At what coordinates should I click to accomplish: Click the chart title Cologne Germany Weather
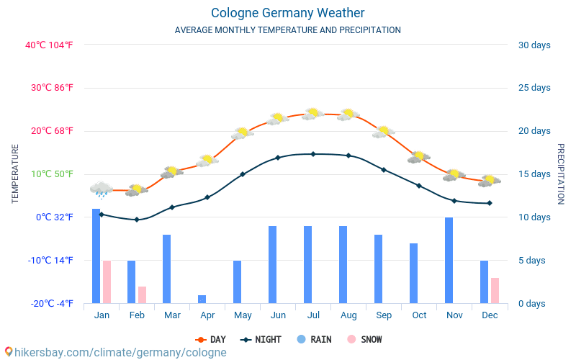(x=287, y=13)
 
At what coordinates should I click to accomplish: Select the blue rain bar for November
(x=449, y=260)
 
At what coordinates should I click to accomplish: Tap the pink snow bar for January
(x=107, y=282)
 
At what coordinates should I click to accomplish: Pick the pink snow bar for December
(x=495, y=290)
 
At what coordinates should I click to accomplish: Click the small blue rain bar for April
(x=202, y=299)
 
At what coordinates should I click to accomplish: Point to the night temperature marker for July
(x=313, y=153)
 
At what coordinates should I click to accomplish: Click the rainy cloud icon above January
(x=102, y=189)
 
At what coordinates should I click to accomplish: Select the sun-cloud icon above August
(x=348, y=114)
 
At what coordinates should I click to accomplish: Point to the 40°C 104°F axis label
(x=49, y=45)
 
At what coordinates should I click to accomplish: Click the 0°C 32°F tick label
(x=55, y=217)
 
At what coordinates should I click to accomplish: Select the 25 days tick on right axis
(x=534, y=88)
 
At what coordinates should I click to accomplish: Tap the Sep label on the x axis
(x=384, y=315)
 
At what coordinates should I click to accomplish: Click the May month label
(x=243, y=315)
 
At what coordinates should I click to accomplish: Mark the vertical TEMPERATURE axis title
(x=15, y=174)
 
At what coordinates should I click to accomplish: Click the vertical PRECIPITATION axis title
(x=561, y=174)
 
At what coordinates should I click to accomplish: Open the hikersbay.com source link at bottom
(x=115, y=352)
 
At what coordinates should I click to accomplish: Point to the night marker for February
(x=137, y=220)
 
